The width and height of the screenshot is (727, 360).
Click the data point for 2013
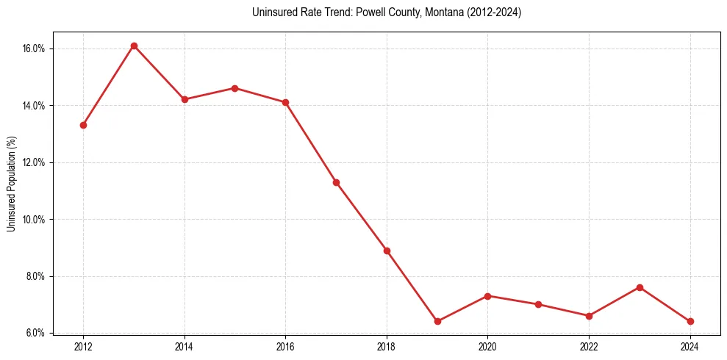pos(134,46)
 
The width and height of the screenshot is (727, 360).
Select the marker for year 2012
pos(83,125)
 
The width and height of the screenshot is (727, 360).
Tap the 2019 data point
pos(437,321)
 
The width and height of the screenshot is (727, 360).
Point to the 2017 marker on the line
pos(336,182)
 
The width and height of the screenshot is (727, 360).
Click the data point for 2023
pos(640,287)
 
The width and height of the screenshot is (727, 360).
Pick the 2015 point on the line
pos(234,88)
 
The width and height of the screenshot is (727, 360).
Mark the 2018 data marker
pos(387,251)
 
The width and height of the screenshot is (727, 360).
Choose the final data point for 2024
pos(690,321)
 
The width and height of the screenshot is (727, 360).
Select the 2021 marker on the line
pos(538,304)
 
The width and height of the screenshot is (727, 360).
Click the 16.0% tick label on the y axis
pos(34,48)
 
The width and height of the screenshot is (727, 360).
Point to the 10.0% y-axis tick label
pos(34,220)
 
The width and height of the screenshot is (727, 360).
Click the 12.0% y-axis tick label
pos(34,162)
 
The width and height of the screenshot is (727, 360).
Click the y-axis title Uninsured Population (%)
pos(12,183)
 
